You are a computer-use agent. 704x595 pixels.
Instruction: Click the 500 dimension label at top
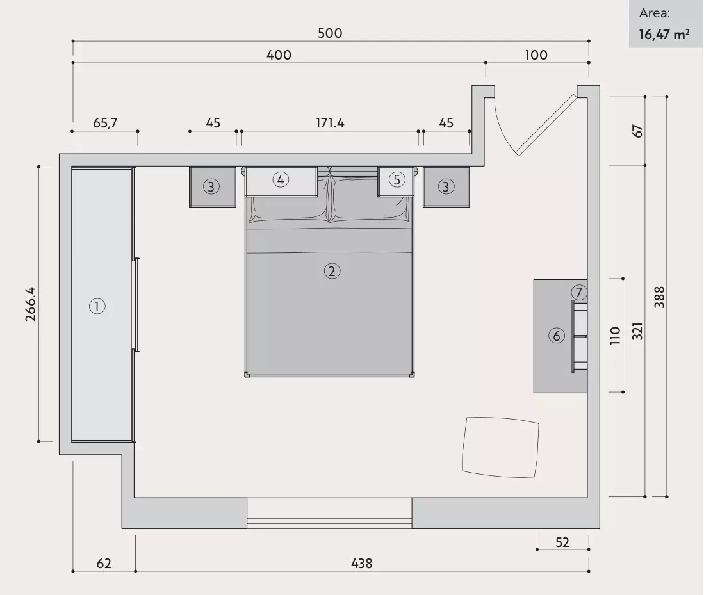tap(330, 33)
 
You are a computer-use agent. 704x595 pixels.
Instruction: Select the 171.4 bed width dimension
tap(330, 123)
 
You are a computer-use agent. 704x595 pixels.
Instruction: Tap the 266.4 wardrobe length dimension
tap(31, 304)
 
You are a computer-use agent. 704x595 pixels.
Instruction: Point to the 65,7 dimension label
tap(105, 123)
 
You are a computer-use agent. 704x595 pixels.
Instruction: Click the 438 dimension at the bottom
tap(362, 563)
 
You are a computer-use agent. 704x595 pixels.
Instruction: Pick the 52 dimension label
tap(562, 542)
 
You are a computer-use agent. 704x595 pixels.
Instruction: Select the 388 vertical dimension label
tap(659, 297)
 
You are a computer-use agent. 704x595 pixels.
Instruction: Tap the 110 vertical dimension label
tap(615, 336)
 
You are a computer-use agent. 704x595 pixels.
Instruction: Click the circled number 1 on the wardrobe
tap(97, 306)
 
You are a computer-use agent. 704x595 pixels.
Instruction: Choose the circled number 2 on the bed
tap(332, 271)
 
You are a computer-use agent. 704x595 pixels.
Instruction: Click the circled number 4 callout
tap(281, 180)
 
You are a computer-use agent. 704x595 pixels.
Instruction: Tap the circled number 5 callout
tap(397, 180)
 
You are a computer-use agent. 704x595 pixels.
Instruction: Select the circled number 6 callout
tap(557, 336)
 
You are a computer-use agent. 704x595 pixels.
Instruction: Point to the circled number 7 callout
tap(579, 293)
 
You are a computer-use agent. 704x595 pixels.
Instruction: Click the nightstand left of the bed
tap(213, 187)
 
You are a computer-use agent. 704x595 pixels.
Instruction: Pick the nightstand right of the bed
tap(446, 187)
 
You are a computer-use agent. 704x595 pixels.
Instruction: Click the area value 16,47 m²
tap(664, 35)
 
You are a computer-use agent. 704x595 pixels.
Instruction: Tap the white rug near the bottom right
tap(500, 447)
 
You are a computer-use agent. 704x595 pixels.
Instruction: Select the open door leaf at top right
tap(546, 125)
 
